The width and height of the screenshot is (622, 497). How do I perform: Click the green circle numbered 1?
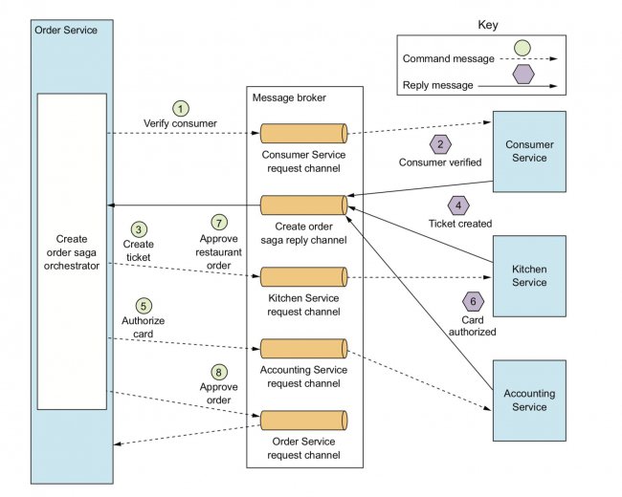[181, 109]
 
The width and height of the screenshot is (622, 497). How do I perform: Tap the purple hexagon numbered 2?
[440, 144]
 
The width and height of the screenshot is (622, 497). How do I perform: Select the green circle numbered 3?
[139, 229]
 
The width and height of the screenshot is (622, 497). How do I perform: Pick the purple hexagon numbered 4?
[458, 205]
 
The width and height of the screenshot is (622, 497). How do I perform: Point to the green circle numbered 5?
[144, 306]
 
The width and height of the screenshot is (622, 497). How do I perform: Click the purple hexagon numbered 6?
[473, 302]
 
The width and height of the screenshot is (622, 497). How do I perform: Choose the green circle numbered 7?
[219, 223]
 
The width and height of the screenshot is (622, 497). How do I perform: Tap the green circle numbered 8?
[218, 372]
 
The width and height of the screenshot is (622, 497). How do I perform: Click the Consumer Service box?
[529, 151]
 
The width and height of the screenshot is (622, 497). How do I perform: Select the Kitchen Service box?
[529, 276]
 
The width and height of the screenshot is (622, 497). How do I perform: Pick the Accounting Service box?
[529, 400]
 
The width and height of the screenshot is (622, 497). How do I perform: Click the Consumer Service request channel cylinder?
[304, 133]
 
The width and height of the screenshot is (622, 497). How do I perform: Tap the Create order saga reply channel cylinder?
[304, 205]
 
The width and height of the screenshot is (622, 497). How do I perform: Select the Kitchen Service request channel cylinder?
[304, 276]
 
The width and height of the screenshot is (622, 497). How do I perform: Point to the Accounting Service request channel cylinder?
[304, 348]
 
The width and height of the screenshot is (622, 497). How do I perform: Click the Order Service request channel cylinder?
[304, 421]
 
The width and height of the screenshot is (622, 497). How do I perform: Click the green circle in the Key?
[522, 48]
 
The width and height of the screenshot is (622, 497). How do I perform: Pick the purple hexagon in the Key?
[523, 75]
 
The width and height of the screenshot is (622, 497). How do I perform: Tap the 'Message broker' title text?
[289, 97]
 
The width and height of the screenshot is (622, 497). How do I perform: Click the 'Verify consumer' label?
[180, 123]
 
